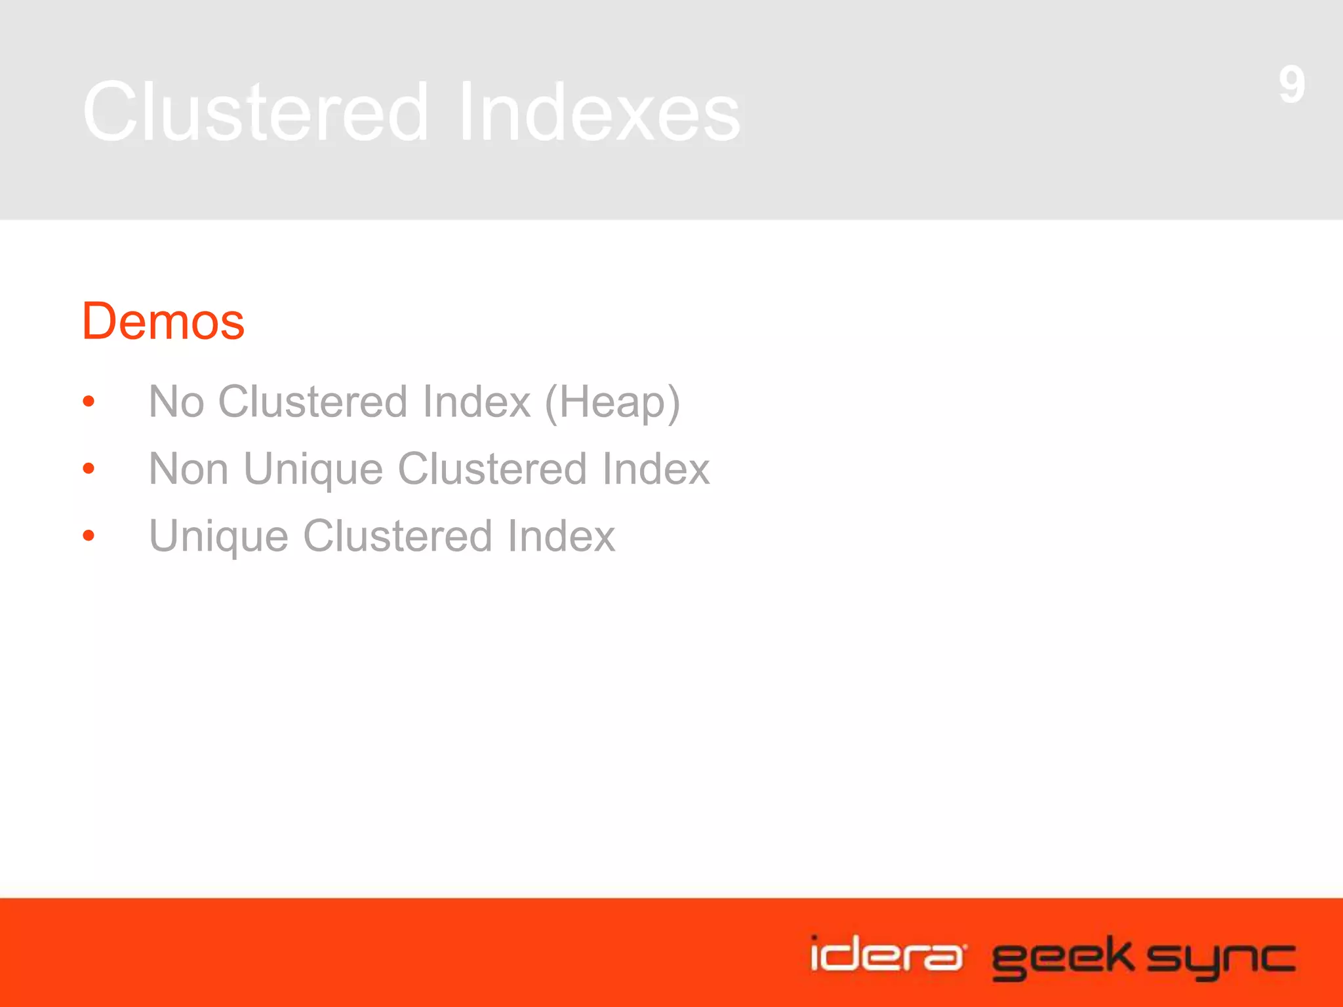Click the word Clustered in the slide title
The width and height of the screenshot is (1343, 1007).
256,111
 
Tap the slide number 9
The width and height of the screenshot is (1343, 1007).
1291,85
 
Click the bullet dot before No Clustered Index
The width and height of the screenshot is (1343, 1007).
89,401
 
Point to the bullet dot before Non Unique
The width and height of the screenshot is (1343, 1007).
89,469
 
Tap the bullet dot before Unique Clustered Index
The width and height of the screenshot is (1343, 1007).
89,536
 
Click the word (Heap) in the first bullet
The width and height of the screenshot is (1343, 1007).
612,403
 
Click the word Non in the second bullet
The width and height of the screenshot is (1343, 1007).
188,469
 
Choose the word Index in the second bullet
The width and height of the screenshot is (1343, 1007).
656,469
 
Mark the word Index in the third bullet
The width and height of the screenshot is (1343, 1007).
561,536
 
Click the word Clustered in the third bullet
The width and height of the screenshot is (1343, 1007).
397,536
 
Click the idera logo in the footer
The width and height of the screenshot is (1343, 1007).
887,955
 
